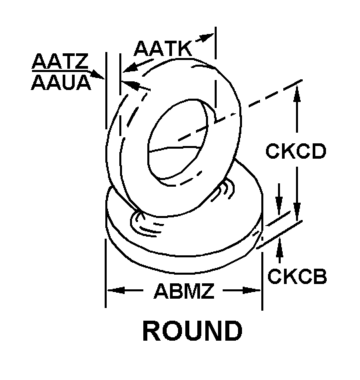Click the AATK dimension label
pos(163,49)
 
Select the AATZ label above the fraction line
pos(60,61)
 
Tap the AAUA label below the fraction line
pos(61,83)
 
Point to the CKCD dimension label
pos(295,151)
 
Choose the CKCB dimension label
pos(297,276)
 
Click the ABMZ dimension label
pos(184,291)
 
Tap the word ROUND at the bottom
pos(192,331)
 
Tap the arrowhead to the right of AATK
pos(207,37)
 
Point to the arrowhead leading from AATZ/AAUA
pos(98,75)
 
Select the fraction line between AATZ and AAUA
pos(61,71)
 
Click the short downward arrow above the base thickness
pos(279,199)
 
